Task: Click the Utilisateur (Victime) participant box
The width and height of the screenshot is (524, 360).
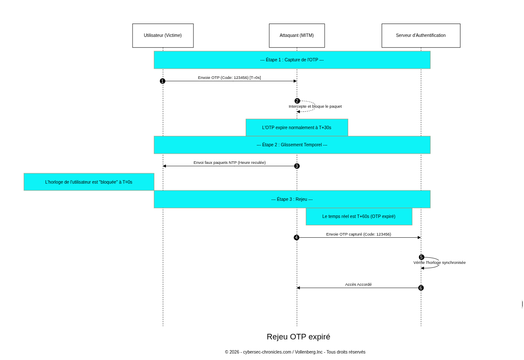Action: click(163, 36)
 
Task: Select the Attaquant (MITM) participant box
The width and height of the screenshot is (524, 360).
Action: click(297, 36)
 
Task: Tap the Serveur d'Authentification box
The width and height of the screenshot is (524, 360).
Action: click(421, 36)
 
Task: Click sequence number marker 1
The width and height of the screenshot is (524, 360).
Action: click(163, 81)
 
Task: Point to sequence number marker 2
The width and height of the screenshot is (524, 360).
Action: click(297, 101)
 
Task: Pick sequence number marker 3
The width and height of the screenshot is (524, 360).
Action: click(297, 166)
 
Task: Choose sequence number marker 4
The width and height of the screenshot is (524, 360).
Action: click(296, 238)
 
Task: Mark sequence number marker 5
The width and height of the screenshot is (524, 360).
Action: click(422, 257)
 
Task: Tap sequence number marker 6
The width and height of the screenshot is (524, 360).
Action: click(421, 288)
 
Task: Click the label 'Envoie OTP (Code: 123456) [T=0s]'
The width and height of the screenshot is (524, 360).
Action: click(229, 78)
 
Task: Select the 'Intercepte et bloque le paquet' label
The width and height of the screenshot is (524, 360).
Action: click(315, 106)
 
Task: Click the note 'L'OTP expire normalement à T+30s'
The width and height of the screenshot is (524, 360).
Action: click(297, 127)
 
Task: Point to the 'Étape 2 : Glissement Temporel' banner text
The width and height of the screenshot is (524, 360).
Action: click(292, 145)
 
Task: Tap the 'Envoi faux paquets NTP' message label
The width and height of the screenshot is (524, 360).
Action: click(229, 163)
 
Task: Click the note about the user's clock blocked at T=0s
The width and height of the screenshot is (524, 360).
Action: click(89, 182)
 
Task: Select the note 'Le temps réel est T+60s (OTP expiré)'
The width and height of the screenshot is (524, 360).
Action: click(359, 217)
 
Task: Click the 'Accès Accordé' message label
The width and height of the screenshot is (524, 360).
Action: click(358, 284)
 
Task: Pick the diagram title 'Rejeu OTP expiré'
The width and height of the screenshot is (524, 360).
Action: click(298, 337)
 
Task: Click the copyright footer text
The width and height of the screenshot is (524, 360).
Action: click(295, 352)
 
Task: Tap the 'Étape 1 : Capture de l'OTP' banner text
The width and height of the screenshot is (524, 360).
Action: click(292, 60)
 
